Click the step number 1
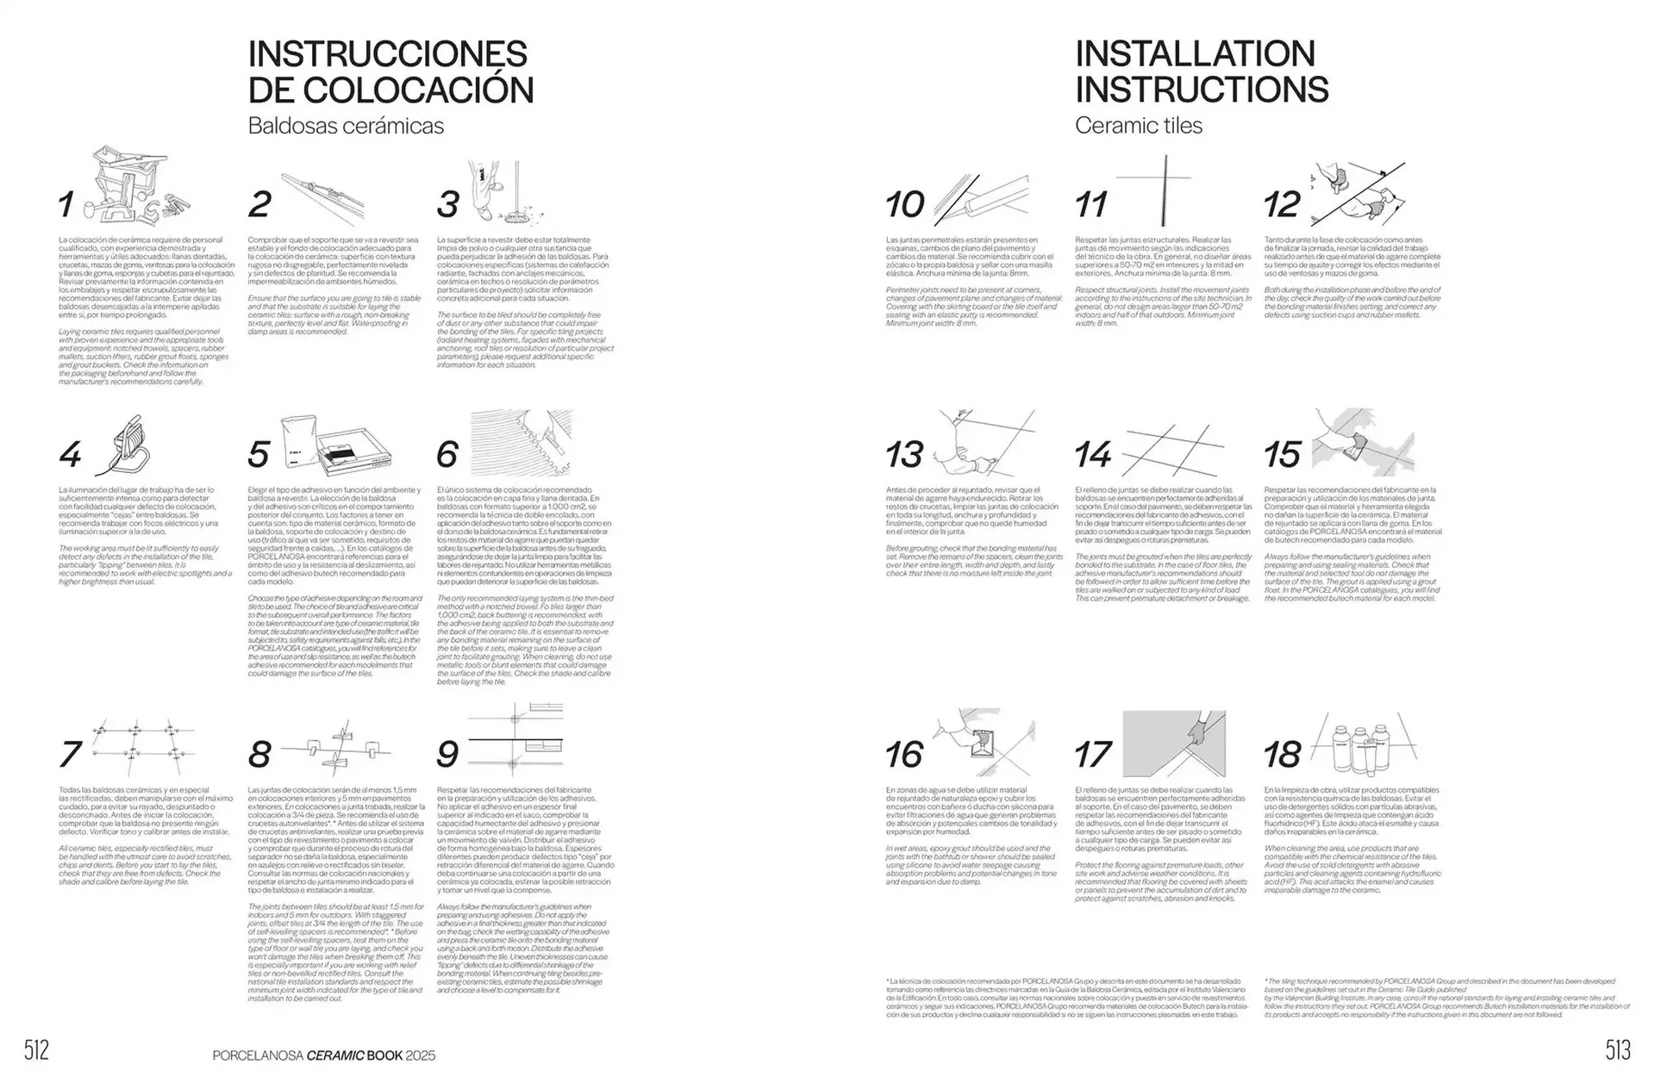tap(66, 205)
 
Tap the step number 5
tap(258, 454)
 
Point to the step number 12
tap(1282, 205)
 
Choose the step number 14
tap(1093, 454)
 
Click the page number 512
tap(36, 1050)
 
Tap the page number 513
tap(1618, 1050)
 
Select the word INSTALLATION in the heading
tap(1195, 53)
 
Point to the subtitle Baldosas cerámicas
tap(346, 126)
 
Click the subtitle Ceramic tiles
tap(1138, 126)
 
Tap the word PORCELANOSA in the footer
tap(258, 1055)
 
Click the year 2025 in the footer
tap(421, 1055)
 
